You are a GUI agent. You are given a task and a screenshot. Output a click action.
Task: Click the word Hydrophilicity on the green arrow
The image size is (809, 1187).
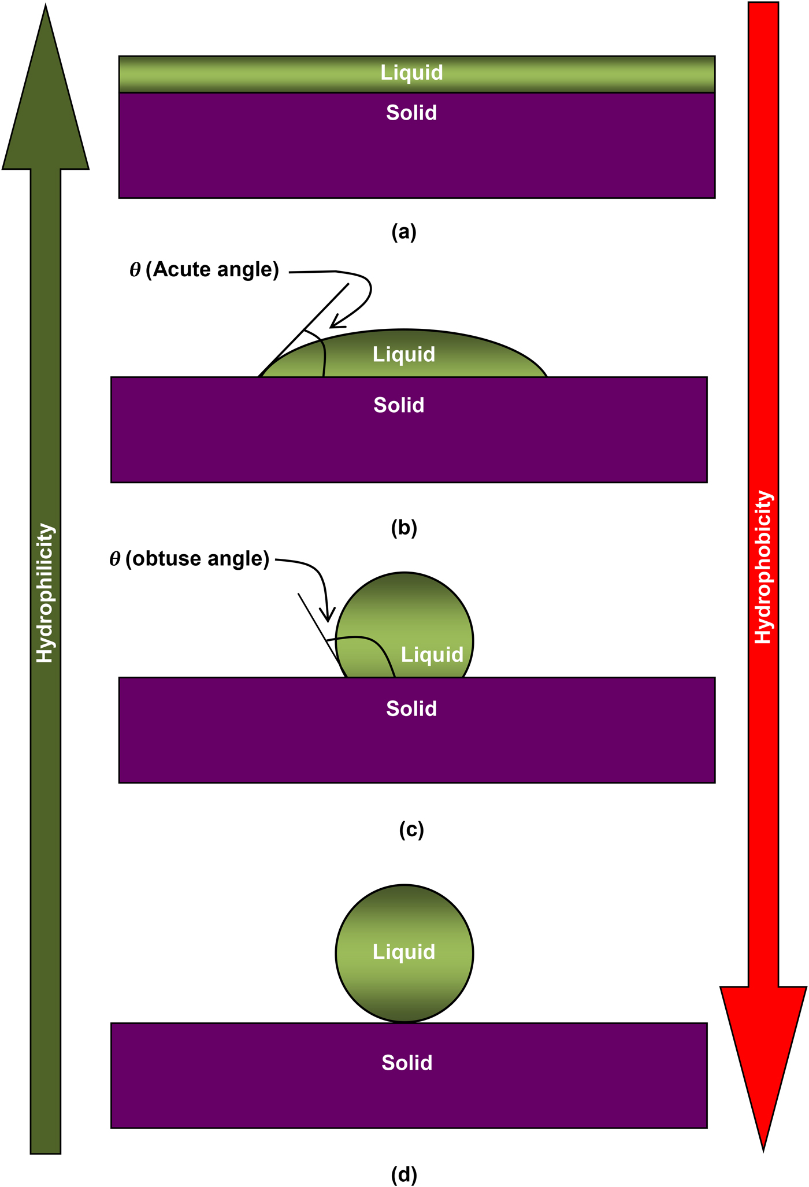pos(45,593)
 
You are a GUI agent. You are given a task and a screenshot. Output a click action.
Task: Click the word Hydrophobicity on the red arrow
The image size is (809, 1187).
pos(763,567)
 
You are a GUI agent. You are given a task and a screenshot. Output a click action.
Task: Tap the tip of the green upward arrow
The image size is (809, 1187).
pos(45,7)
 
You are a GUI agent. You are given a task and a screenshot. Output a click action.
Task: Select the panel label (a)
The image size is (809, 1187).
pos(403,232)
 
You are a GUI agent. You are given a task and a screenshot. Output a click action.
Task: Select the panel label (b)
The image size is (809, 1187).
pos(403,528)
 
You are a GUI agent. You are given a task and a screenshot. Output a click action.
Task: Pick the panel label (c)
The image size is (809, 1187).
pos(411,830)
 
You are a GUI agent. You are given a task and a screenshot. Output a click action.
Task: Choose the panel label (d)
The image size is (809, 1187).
pos(403,1174)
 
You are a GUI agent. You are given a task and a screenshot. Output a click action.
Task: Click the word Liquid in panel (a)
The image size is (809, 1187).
pos(411,73)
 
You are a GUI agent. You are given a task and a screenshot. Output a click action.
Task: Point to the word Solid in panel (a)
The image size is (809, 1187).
pos(411,113)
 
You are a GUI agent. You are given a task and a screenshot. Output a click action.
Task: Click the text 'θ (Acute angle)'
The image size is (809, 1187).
pos(205,270)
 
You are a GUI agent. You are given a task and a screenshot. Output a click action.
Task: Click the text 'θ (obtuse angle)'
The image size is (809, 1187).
pos(190,559)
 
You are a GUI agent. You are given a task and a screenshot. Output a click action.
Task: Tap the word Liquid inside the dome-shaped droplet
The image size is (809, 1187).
pos(403,354)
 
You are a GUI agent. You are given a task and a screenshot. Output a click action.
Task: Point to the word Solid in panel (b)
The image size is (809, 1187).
pos(399,405)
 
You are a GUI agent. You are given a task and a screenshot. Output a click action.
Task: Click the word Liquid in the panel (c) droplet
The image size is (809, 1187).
pos(432,655)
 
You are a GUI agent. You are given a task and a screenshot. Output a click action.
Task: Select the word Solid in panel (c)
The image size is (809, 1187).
pos(411,709)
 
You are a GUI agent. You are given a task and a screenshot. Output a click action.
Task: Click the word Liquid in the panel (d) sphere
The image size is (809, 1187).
pos(403,952)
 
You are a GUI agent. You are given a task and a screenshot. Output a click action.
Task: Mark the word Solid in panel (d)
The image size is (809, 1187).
pos(407,1063)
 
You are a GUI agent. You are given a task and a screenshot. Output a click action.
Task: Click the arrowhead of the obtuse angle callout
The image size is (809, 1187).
pos(328,620)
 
